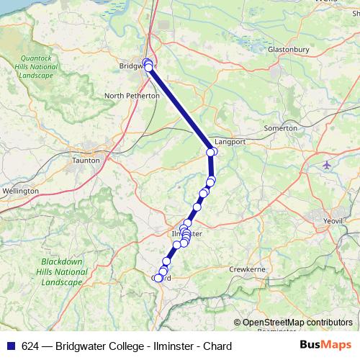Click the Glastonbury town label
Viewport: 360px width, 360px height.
click(288, 49)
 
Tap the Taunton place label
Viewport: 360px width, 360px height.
click(86, 161)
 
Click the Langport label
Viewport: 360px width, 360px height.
click(230, 142)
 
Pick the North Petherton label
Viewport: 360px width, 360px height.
click(132, 95)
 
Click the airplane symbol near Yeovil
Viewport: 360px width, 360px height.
click(328, 165)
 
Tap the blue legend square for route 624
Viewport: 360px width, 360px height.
click(11, 346)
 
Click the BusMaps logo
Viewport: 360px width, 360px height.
click(325, 346)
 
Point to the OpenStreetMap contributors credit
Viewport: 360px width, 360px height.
click(295, 323)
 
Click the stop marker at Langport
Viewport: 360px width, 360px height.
click(212, 151)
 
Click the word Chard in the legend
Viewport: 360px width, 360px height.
click(217, 346)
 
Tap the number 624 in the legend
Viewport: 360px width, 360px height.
click(31, 346)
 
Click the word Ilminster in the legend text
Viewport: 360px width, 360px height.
click(172, 346)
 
